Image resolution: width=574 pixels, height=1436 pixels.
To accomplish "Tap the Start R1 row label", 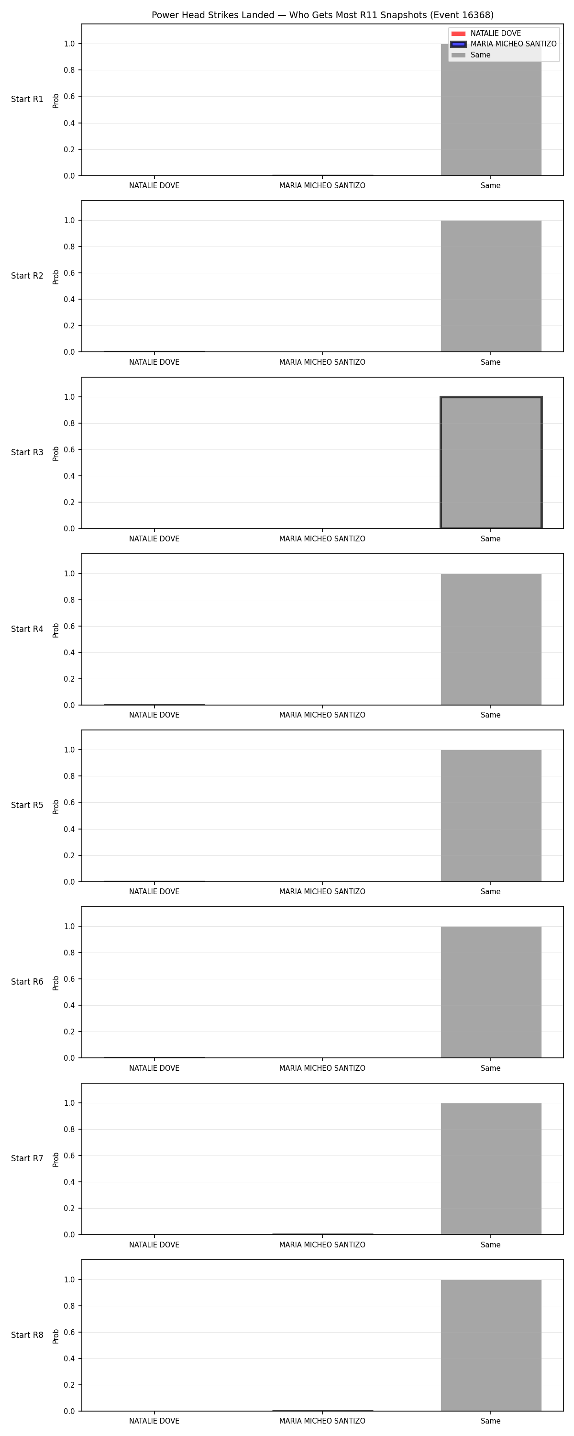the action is tap(27, 99).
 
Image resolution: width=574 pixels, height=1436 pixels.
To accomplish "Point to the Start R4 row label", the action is tap(27, 629).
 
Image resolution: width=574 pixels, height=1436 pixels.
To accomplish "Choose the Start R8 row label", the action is tap(27, 1335).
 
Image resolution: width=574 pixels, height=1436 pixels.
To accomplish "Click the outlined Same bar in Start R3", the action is tap(491, 463).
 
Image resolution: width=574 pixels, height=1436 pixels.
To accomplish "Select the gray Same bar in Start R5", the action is tap(491, 816).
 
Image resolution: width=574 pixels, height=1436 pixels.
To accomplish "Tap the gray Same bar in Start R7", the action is tap(491, 1168).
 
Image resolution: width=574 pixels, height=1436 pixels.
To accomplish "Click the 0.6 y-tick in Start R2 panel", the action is tap(69, 273).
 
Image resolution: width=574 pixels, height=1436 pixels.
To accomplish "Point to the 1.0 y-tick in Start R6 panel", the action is tap(69, 927).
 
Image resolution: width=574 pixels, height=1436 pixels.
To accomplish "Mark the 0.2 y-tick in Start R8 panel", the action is tap(69, 1385).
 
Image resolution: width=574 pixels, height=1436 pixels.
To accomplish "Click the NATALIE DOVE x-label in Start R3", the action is tap(155, 538).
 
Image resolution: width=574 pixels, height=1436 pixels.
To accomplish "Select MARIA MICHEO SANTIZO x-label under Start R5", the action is tap(322, 891).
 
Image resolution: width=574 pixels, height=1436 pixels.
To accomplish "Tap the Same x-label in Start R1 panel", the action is tap(490, 186).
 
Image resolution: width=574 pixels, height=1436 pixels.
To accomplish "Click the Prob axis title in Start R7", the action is tap(56, 1159).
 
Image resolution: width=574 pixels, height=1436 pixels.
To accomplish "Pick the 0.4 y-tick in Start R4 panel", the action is tap(69, 652).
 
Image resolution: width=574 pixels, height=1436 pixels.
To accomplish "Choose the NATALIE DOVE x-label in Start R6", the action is tap(155, 1068).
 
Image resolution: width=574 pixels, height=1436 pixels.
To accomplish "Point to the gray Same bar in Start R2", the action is tap(491, 286).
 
